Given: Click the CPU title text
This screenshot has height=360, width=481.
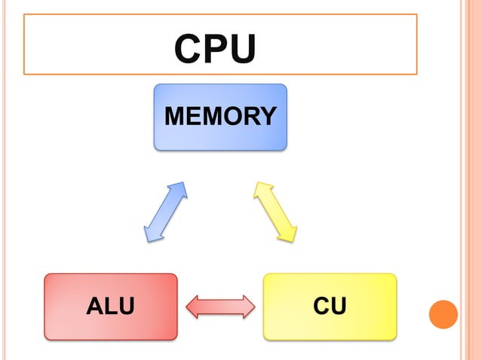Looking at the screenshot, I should click(215, 49).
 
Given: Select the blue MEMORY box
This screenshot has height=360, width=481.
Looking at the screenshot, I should click(220, 117).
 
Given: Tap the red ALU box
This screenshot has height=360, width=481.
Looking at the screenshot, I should click(110, 307).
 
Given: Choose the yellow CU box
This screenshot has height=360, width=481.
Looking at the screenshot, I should click(329, 307).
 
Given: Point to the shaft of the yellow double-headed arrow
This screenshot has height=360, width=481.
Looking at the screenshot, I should click(275, 211).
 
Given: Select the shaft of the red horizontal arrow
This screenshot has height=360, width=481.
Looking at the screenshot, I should click(220, 307).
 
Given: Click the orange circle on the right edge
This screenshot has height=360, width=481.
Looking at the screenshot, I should click(443, 314).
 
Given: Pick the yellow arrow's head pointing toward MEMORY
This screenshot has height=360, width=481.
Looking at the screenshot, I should click(262, 188).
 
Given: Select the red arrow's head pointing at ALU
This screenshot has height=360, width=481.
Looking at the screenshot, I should click(192, 307).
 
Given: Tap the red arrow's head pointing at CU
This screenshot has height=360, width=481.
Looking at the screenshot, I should click(248, 307).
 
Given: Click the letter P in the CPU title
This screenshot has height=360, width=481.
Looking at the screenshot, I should click(215, 49).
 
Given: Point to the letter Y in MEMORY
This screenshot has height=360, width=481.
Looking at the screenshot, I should click(267, 117).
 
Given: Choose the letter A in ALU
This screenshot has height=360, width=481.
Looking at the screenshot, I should click(95, 307).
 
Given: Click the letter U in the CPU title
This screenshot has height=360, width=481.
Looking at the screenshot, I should click(244, 49).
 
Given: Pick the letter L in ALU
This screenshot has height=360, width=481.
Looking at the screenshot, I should click(110, 307).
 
